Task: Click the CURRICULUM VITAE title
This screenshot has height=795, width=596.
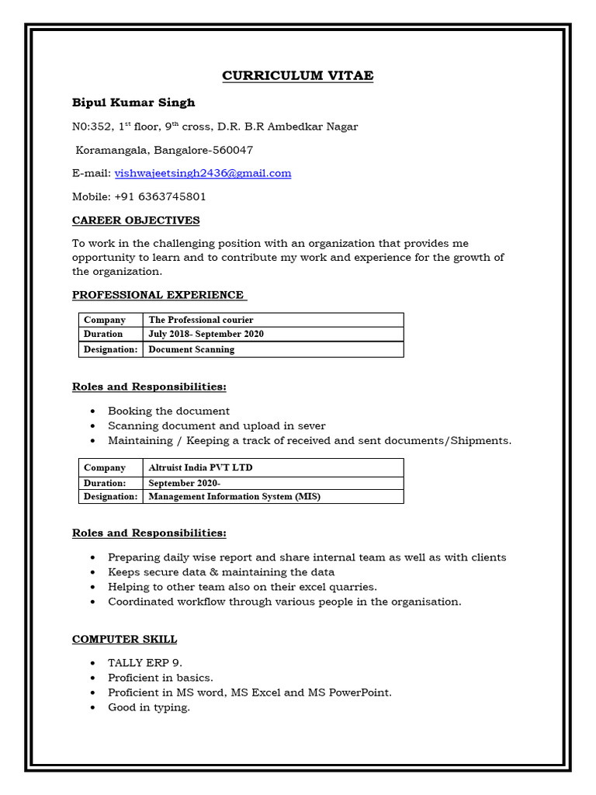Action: pyautogui.click(x=297, y=75)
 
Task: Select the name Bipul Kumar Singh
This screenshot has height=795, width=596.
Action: pyautogui.click(x=133, y=102)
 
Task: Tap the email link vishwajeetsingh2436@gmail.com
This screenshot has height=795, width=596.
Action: pyautogui.click(x=203, y=173)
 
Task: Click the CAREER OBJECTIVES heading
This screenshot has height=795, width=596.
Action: pyautogui.click(x=136, y=220)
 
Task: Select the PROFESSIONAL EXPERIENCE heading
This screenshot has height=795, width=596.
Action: pyautogui.click(x=158, y=295)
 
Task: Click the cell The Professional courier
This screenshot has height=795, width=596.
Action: pyautogui.click(x=201, y=320)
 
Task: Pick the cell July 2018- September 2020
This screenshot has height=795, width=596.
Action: pyautogui.click(x=206, y=335)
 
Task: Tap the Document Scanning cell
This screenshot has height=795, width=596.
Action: pyautogui.click(x=191, y=349)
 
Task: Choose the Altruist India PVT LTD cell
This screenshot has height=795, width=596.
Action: pyautogui.click(x=200, y=467)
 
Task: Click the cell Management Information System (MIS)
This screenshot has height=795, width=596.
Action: pyautogui.click(x=234, y=497)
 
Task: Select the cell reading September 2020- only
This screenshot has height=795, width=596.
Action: pyautogui.click(x=185, y=482)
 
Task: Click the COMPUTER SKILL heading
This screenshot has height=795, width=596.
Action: pyautogui.click(x=124, y=639)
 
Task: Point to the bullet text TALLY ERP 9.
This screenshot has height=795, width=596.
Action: pyautogui.click(x=145, y=663)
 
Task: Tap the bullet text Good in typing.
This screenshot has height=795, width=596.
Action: pyautogui.click(x=149, y=707)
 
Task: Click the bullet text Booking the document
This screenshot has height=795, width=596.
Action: pyautogui.click(x=168, y=411)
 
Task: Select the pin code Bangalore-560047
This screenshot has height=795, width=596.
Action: pyautogui.click(x=203, y=150)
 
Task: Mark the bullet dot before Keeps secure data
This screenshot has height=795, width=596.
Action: pyautogui.click(x=93, y=572)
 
